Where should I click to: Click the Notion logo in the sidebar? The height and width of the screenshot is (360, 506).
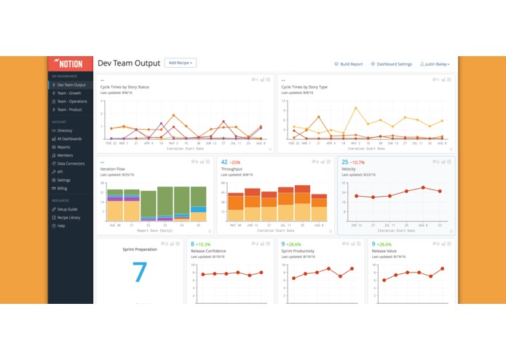(x=70, y=63)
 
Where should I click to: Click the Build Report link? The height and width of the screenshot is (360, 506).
(x=349, y=64)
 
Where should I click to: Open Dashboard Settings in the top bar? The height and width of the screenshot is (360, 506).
(x=394, y=64)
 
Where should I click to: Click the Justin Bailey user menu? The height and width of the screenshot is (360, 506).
(x=435, y=64)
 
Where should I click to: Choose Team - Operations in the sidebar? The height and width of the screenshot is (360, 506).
(x=74, y=101)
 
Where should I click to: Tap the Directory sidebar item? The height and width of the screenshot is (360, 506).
(x=65, y=130)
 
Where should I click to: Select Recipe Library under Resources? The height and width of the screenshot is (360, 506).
(x=69, y=217)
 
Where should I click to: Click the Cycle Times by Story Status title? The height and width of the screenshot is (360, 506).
(x=124, y=87)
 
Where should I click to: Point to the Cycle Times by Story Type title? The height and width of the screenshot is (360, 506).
(x=305, y=87)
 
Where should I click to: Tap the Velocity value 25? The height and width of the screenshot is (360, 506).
(x=344, y=163)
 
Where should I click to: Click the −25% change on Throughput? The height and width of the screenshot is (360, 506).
(x=235, y=163)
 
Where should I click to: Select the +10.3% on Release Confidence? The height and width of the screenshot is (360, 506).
(x=203, y=244)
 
